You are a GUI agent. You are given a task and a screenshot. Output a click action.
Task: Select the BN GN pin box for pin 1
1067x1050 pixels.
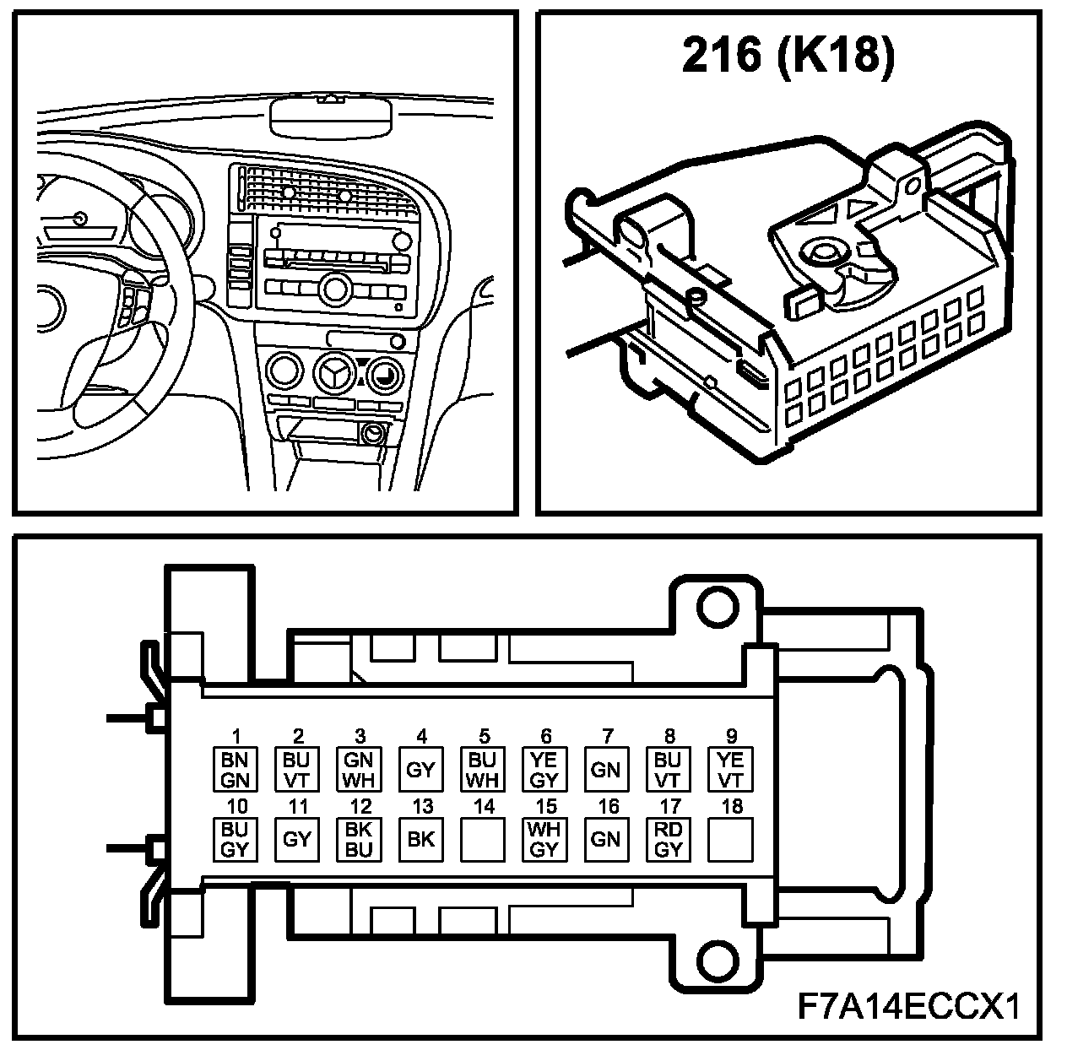[235, 769]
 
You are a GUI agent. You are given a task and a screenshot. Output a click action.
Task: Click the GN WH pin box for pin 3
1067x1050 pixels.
[359, 769]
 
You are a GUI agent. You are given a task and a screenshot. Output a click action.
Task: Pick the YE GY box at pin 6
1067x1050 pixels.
[545, 769]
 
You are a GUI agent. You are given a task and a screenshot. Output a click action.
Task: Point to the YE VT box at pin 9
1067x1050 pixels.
[730, 769]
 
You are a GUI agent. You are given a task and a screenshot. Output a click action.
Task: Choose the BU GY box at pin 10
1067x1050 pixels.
[235, 839]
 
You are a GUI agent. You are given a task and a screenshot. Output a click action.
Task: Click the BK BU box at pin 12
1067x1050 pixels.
[359, 839]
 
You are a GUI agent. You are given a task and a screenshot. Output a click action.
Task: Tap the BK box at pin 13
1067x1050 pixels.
[420, 839]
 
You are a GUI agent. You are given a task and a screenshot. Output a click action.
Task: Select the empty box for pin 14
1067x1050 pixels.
[483, 839]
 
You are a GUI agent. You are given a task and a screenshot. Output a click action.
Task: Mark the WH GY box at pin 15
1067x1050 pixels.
[545, 839]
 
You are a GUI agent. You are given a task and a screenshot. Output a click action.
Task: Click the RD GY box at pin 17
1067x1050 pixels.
[669, 839]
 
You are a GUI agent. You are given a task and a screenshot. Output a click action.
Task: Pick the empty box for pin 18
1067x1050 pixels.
[730, 839]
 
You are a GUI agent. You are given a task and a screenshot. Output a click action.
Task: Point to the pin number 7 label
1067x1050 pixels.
[607, 737]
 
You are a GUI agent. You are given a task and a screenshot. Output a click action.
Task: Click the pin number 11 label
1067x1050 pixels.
[297, 807]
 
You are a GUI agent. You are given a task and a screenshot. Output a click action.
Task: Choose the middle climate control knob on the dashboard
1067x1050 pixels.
[333, 373]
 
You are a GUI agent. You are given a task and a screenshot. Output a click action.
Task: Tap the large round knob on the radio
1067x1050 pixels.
[337, 288]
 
